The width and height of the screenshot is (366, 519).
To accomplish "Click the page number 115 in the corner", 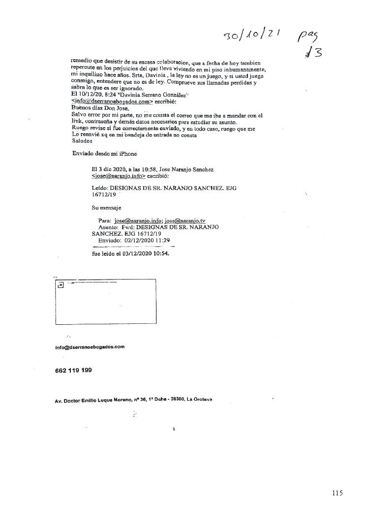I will pos(337,493).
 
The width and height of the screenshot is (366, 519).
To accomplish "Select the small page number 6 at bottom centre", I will pos(174,429).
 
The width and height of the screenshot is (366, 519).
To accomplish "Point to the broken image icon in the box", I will pos(60,285).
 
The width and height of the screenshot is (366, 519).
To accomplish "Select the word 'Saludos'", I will pos(82,140).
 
